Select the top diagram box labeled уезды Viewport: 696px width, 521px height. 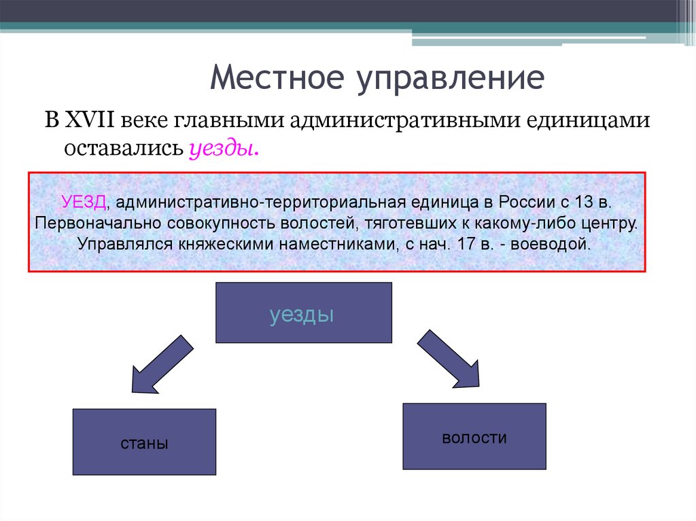point(303,312)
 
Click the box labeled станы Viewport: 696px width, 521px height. point(144,442)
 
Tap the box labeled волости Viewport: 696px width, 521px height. point(474,437)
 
